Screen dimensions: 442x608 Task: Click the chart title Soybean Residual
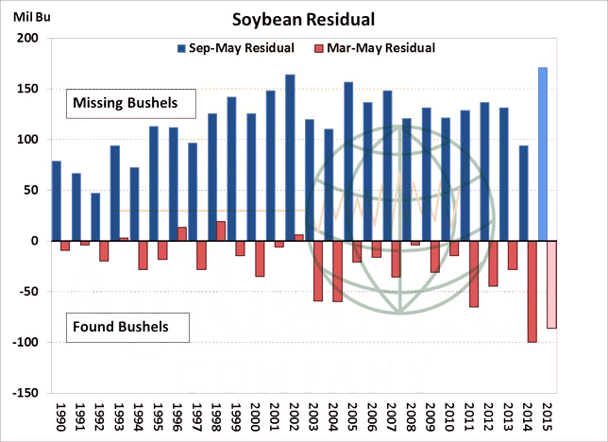[x=304, y=19]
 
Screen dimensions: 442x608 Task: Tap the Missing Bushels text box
[x=129, y=102]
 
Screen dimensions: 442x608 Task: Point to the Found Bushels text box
[x=127, y=328]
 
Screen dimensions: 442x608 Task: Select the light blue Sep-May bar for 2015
[x=543, y=154]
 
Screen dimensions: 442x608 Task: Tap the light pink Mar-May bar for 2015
[x=552, y=284]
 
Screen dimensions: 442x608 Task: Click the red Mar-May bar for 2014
[x=532, y=291]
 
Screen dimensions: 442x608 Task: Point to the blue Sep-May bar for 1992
[x=95, y=217]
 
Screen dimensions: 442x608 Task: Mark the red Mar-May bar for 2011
[x=474, y=274]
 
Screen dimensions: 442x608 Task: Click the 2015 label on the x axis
[x=548, y=418]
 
